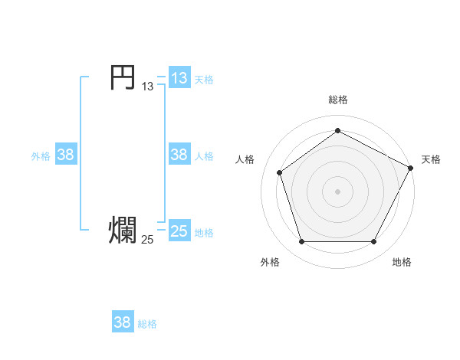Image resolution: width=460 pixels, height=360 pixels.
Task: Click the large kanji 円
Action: (x=122, y=77)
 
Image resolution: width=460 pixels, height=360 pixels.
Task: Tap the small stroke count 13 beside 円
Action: (x=147, y=87)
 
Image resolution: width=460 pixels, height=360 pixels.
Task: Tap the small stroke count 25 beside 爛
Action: (x=147, y=240)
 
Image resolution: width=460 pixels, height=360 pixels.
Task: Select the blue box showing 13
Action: (x=179, y=77)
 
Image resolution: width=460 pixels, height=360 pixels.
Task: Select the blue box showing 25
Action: (x=179, y=231)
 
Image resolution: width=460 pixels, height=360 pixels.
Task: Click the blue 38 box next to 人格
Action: (x=179, y=154)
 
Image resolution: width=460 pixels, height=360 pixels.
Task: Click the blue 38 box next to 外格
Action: (x=65, y=154)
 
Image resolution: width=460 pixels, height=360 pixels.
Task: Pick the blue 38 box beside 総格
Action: (x=122, y=322)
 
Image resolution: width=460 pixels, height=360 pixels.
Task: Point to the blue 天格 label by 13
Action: (x=204, y=79)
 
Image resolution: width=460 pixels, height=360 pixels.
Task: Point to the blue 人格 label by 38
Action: (x=204, y=155)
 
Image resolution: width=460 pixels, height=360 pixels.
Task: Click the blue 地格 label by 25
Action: (x=204, y=232)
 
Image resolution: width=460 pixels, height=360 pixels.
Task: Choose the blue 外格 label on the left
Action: (x=41, y=155)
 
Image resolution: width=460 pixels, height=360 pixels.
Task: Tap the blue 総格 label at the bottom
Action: (x=147, y=324)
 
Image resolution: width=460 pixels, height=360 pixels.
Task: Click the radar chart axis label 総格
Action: (x=337, y=100)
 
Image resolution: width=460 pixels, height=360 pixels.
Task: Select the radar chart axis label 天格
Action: (x=431, y=159)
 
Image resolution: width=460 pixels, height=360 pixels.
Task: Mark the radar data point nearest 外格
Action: (x=301, y=242)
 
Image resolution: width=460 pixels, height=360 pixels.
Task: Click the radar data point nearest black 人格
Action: (x=280, y=172)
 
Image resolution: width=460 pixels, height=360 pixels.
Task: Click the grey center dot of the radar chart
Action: (x=337, y=191)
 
